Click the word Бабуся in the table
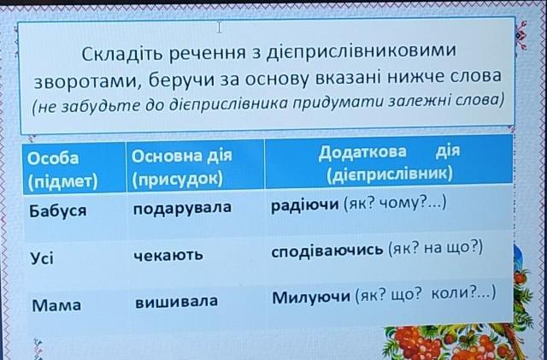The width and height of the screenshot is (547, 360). tap(57, 211)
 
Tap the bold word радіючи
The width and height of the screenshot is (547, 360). tap(304, 204)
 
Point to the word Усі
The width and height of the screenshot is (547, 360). tap(42, 258)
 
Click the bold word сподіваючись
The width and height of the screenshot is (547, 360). tap(326, 251)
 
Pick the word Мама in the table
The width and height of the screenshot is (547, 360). tap(56, 305)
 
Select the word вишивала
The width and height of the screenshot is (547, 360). tap(176, 301)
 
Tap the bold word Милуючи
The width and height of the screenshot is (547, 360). tap(311, 297)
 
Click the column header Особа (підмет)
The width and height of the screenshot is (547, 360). tap(62, 169)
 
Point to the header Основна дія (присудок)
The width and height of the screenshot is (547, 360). tap(181, 167)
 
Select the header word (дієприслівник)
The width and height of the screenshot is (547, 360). tap(390, 173)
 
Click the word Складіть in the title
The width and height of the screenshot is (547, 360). tap(122, 54)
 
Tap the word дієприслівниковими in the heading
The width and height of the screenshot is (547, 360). tap(361, 51)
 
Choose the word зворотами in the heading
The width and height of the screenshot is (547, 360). tap(88, 82)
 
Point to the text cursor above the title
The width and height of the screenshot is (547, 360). tap(219, 27)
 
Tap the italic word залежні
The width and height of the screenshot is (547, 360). tap(420, 102)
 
